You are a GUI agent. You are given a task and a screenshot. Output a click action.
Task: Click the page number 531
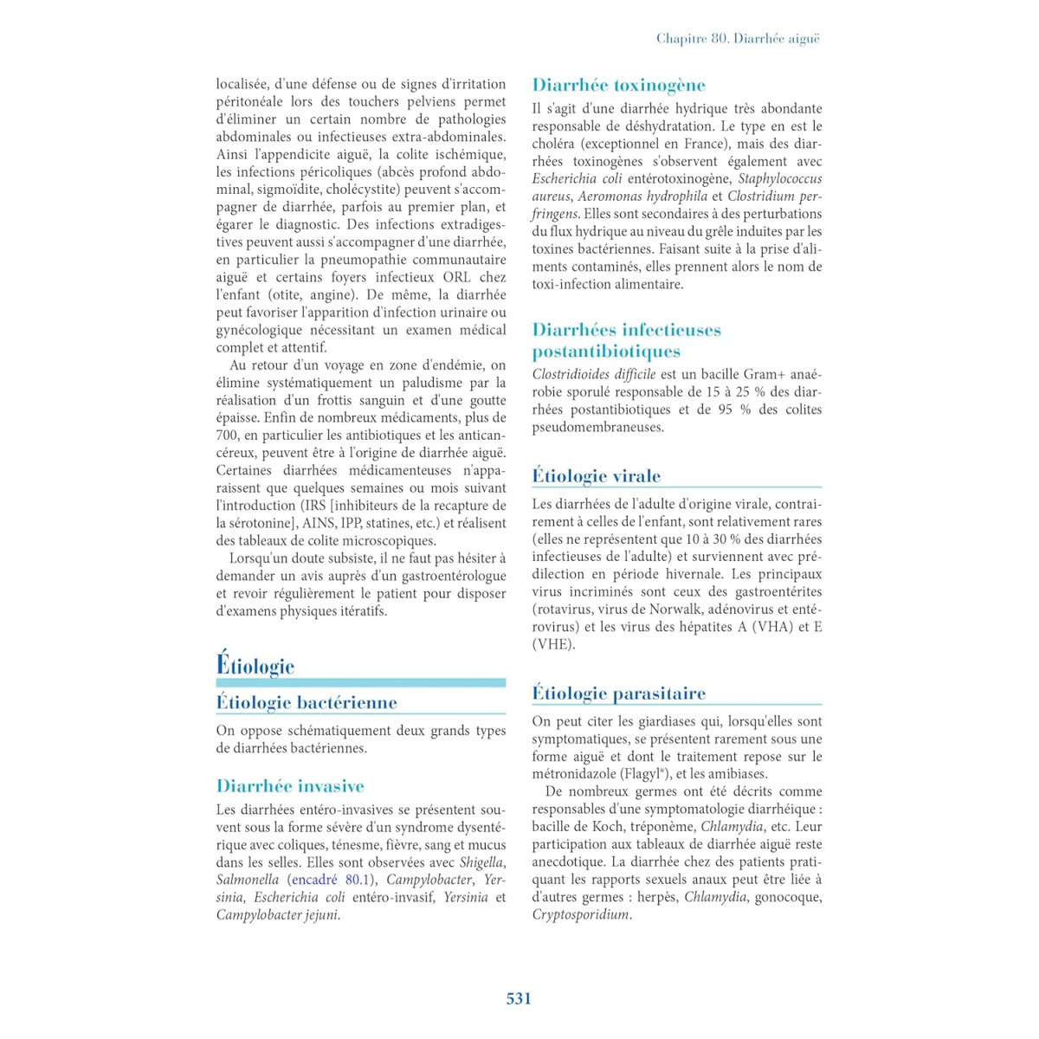tap(519, 998)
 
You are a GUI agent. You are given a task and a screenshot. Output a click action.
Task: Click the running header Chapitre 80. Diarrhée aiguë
tap(738, 38)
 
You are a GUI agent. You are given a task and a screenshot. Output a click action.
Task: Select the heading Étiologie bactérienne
tap(307, 702)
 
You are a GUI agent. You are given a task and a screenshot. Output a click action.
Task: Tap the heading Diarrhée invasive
tap(290, 786)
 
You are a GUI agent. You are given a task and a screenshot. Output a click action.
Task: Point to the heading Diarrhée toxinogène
tap(618, 85)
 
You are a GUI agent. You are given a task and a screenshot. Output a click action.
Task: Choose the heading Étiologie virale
tap(596, 475)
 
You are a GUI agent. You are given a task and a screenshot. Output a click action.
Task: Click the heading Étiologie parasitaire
tap(618, 693)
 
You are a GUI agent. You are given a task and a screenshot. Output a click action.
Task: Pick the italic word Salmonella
tap(248, 880)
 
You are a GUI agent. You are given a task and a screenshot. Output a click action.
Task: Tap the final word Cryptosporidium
tap(580, 914)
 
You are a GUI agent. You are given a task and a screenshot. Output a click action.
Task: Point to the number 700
tap(227, 436)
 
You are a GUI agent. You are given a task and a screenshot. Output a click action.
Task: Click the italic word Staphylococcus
tap(779, 178)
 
